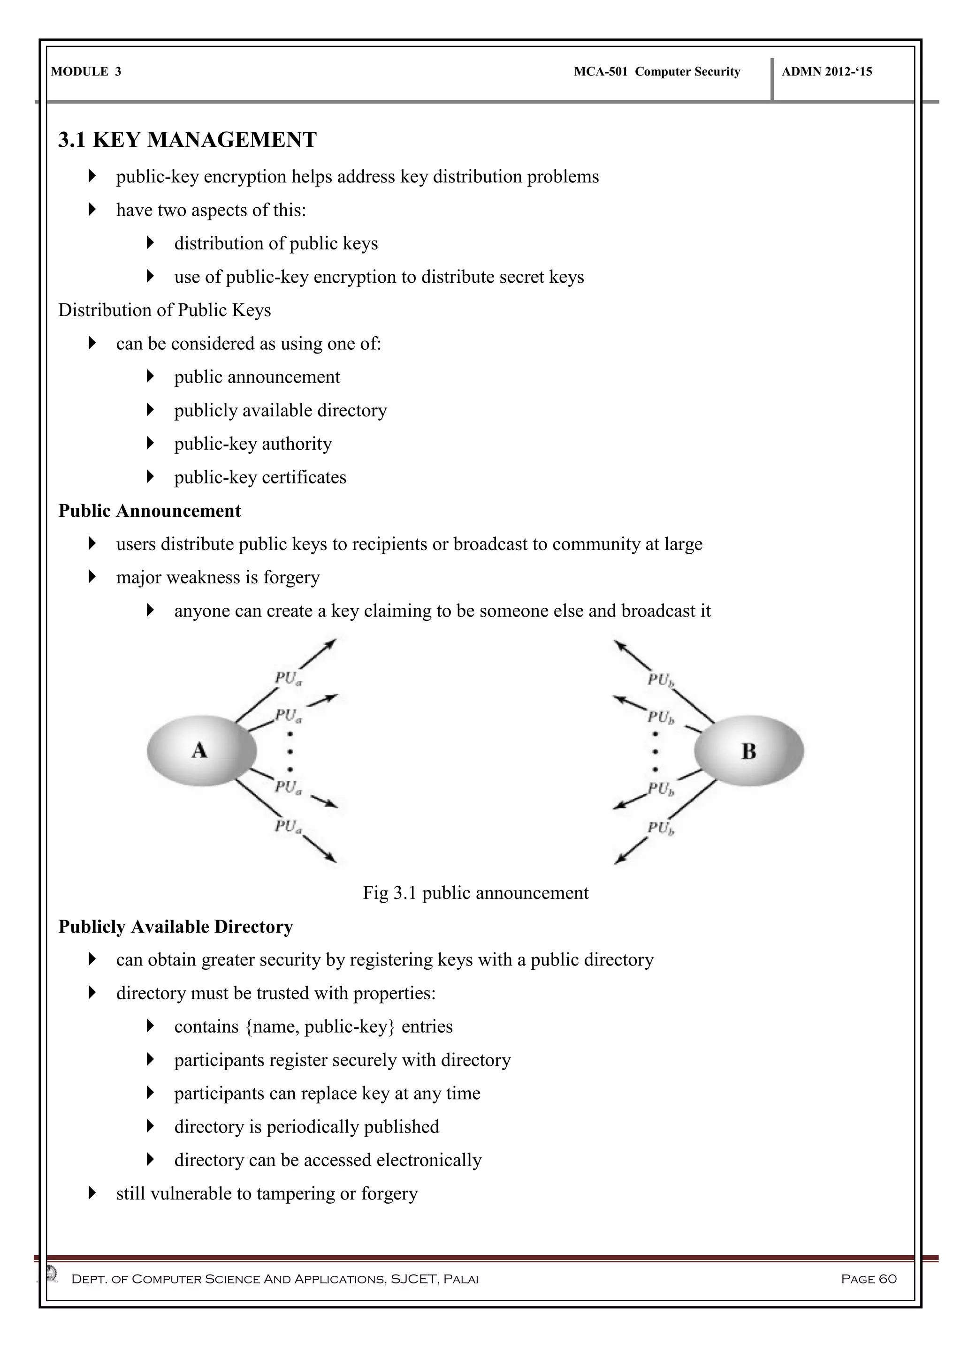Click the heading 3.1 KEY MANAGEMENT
coord(187,140)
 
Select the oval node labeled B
coord(748,751)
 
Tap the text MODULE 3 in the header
coord(86,72)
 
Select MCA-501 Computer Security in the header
coord(657,72)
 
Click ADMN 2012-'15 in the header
coord(827,72)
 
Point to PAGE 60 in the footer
coord(869,1279)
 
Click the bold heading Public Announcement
coord(150,511)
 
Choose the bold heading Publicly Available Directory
coord(176,927)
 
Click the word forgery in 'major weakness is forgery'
coord(291,577)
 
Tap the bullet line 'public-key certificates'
coord(260,477)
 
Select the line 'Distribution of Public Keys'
coord(165,310)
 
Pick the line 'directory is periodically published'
coord(306,1127)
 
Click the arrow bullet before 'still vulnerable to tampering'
coord(92,1193)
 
